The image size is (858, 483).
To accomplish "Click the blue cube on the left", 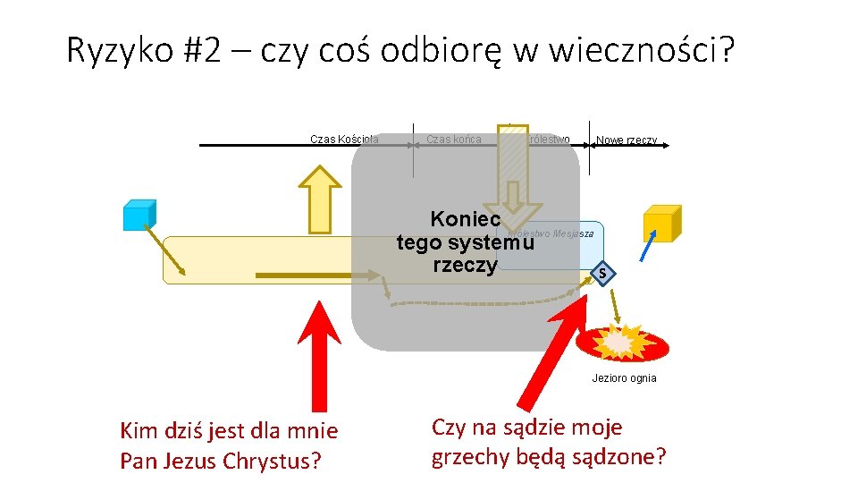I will [139, 215].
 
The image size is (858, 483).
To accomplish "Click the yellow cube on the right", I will [662, 223].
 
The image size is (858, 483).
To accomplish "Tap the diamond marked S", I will [603, 273].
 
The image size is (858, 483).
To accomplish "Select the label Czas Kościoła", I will [344, 139].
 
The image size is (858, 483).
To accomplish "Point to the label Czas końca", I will [453, 139].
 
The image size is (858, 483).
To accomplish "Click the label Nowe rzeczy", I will [627, 140].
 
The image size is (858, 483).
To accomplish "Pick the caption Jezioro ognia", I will [624, 378].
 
